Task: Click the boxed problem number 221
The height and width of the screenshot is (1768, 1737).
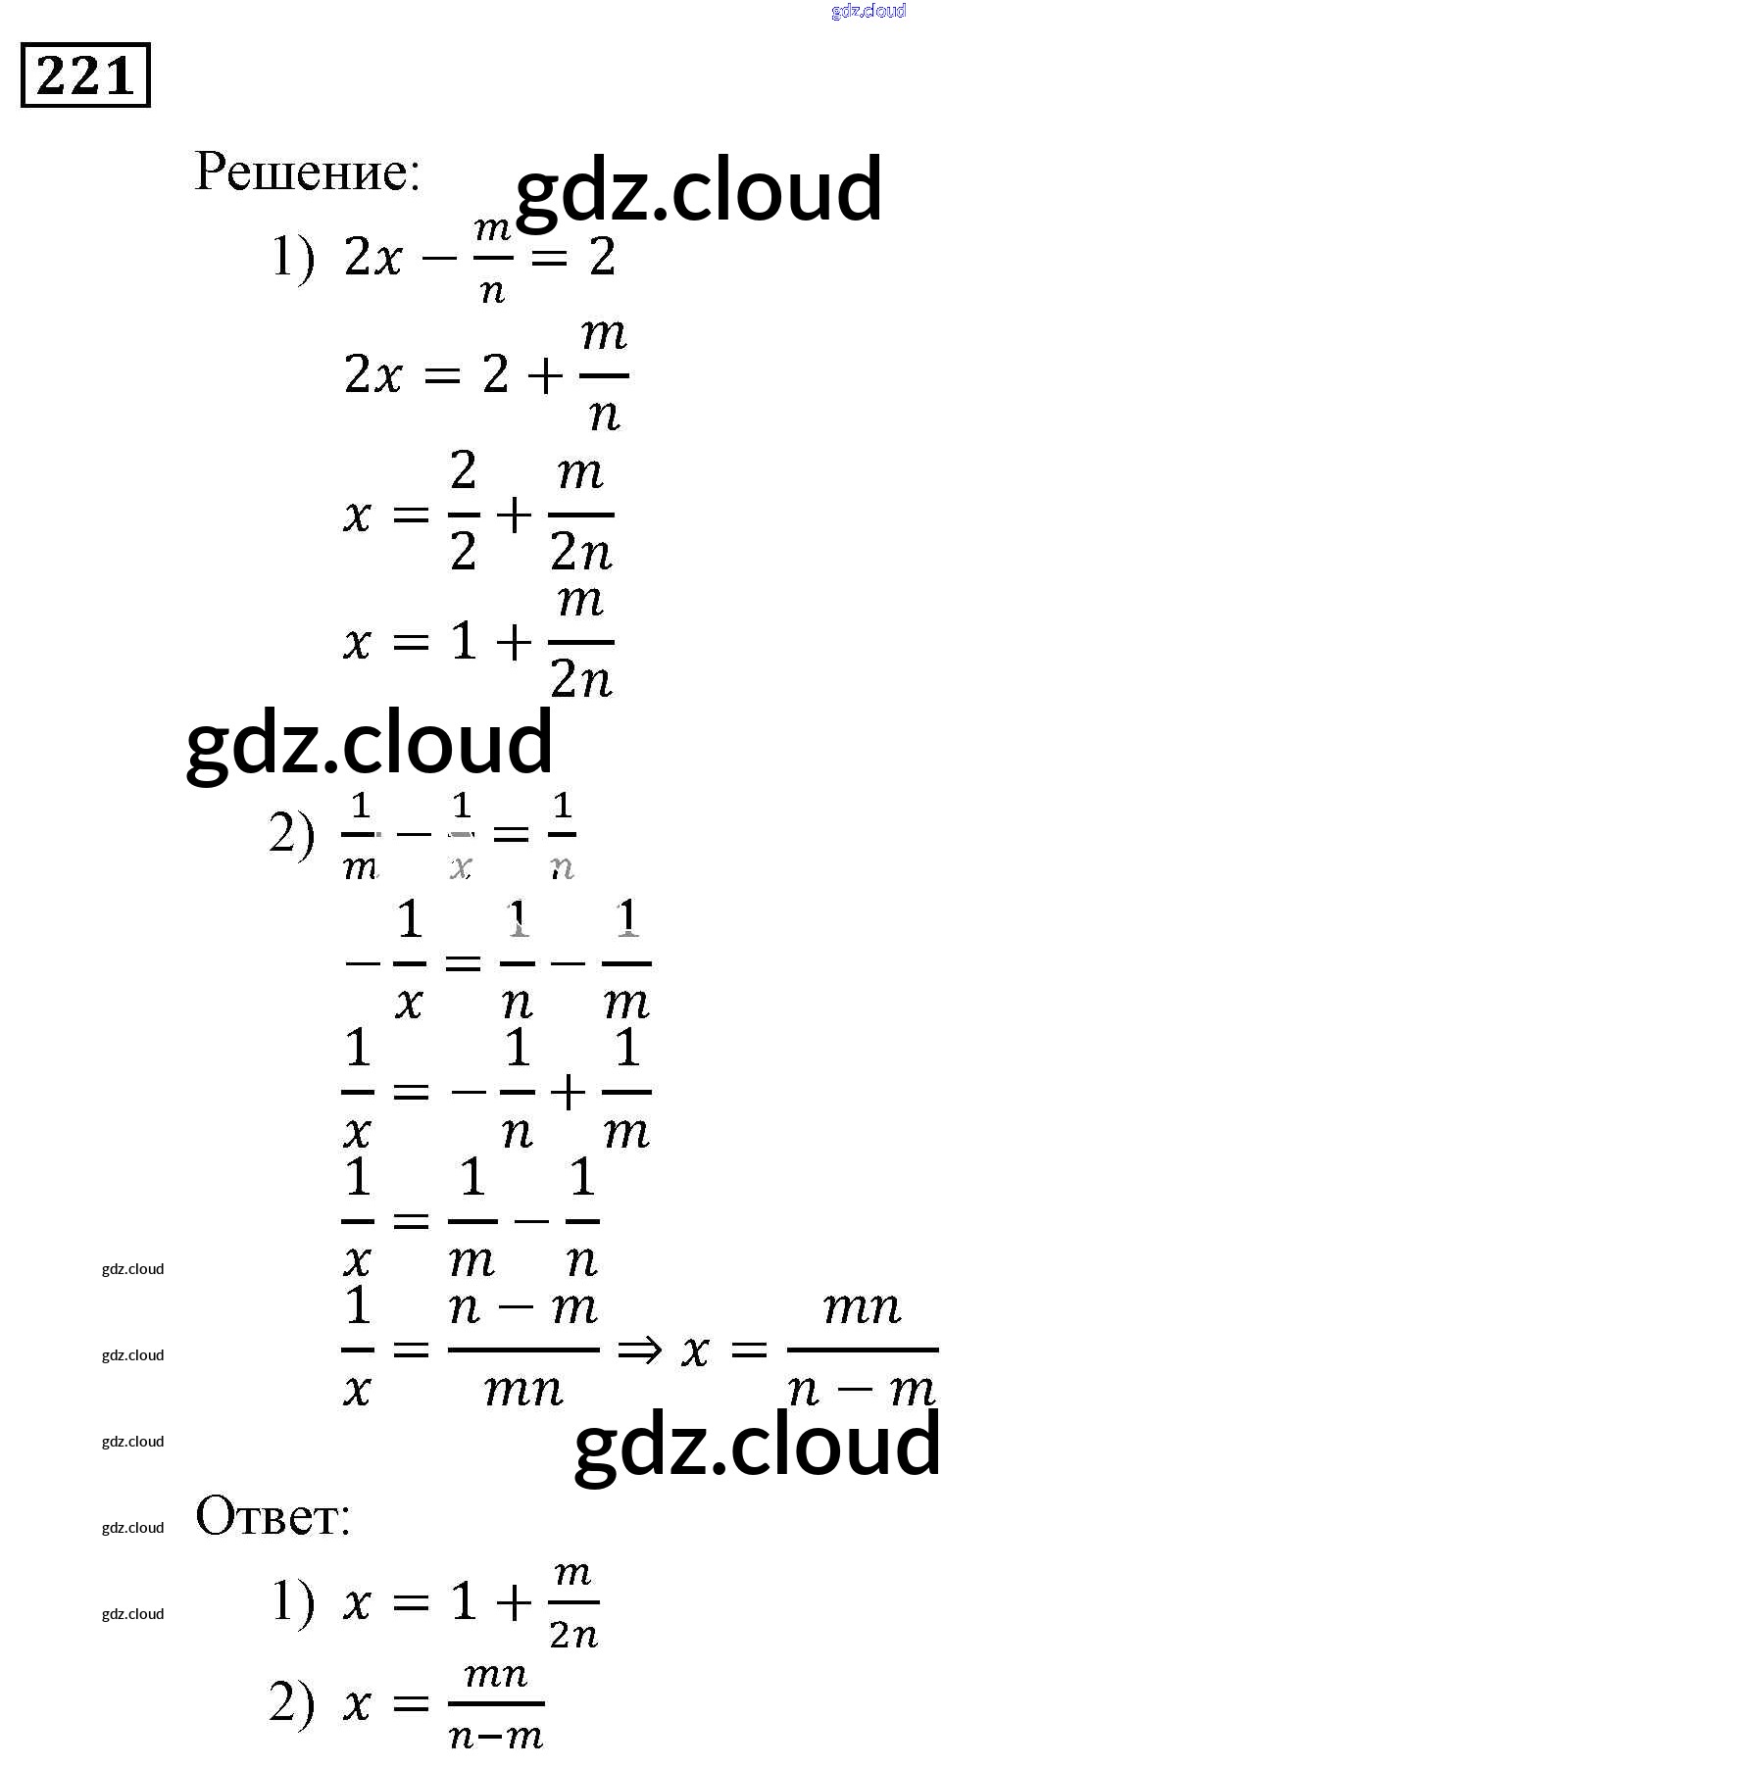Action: pyautogui.click(x=85, y=75)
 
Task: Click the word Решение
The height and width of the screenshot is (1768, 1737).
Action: pyautogui.click(x=307, y=172)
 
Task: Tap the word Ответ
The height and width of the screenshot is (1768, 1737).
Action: pyautogui.click(x=272, y=1516)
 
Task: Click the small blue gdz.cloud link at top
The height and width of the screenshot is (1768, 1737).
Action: pyautogui.click(x=868, y=11)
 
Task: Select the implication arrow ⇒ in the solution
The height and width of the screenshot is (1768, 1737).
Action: pyautogui.click(x=639, y=1351)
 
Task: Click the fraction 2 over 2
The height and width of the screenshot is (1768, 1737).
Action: pyautogui.click(x=464, y=513)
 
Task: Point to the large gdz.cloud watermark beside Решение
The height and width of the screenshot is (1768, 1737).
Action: pyautogui.click(x=698, y=189)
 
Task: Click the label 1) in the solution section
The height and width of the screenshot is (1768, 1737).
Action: pyautogui.click(x=292, y=259)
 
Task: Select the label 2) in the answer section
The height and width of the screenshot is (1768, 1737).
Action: pyautogui.click(x=292, y=1703)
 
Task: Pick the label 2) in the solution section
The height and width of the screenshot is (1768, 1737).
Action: pyautogui.click(x=292, y=835)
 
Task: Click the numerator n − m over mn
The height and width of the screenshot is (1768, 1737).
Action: pyautogui.click(x=522, y=1308)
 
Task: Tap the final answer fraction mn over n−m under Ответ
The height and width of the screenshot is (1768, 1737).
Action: pyautogui.click(x=496, y=1704)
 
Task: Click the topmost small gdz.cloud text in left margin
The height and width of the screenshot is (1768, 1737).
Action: pyautogui.click(x=132, y=1269)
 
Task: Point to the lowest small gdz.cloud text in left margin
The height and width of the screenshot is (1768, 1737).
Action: pyautogui.click(x=132, y=1614)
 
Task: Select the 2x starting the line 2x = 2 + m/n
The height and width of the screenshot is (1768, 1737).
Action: pyautogui.click(x=372, y=375)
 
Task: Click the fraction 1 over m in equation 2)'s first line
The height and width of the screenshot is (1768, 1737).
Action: pyautogui.click(x=360, y=835)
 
